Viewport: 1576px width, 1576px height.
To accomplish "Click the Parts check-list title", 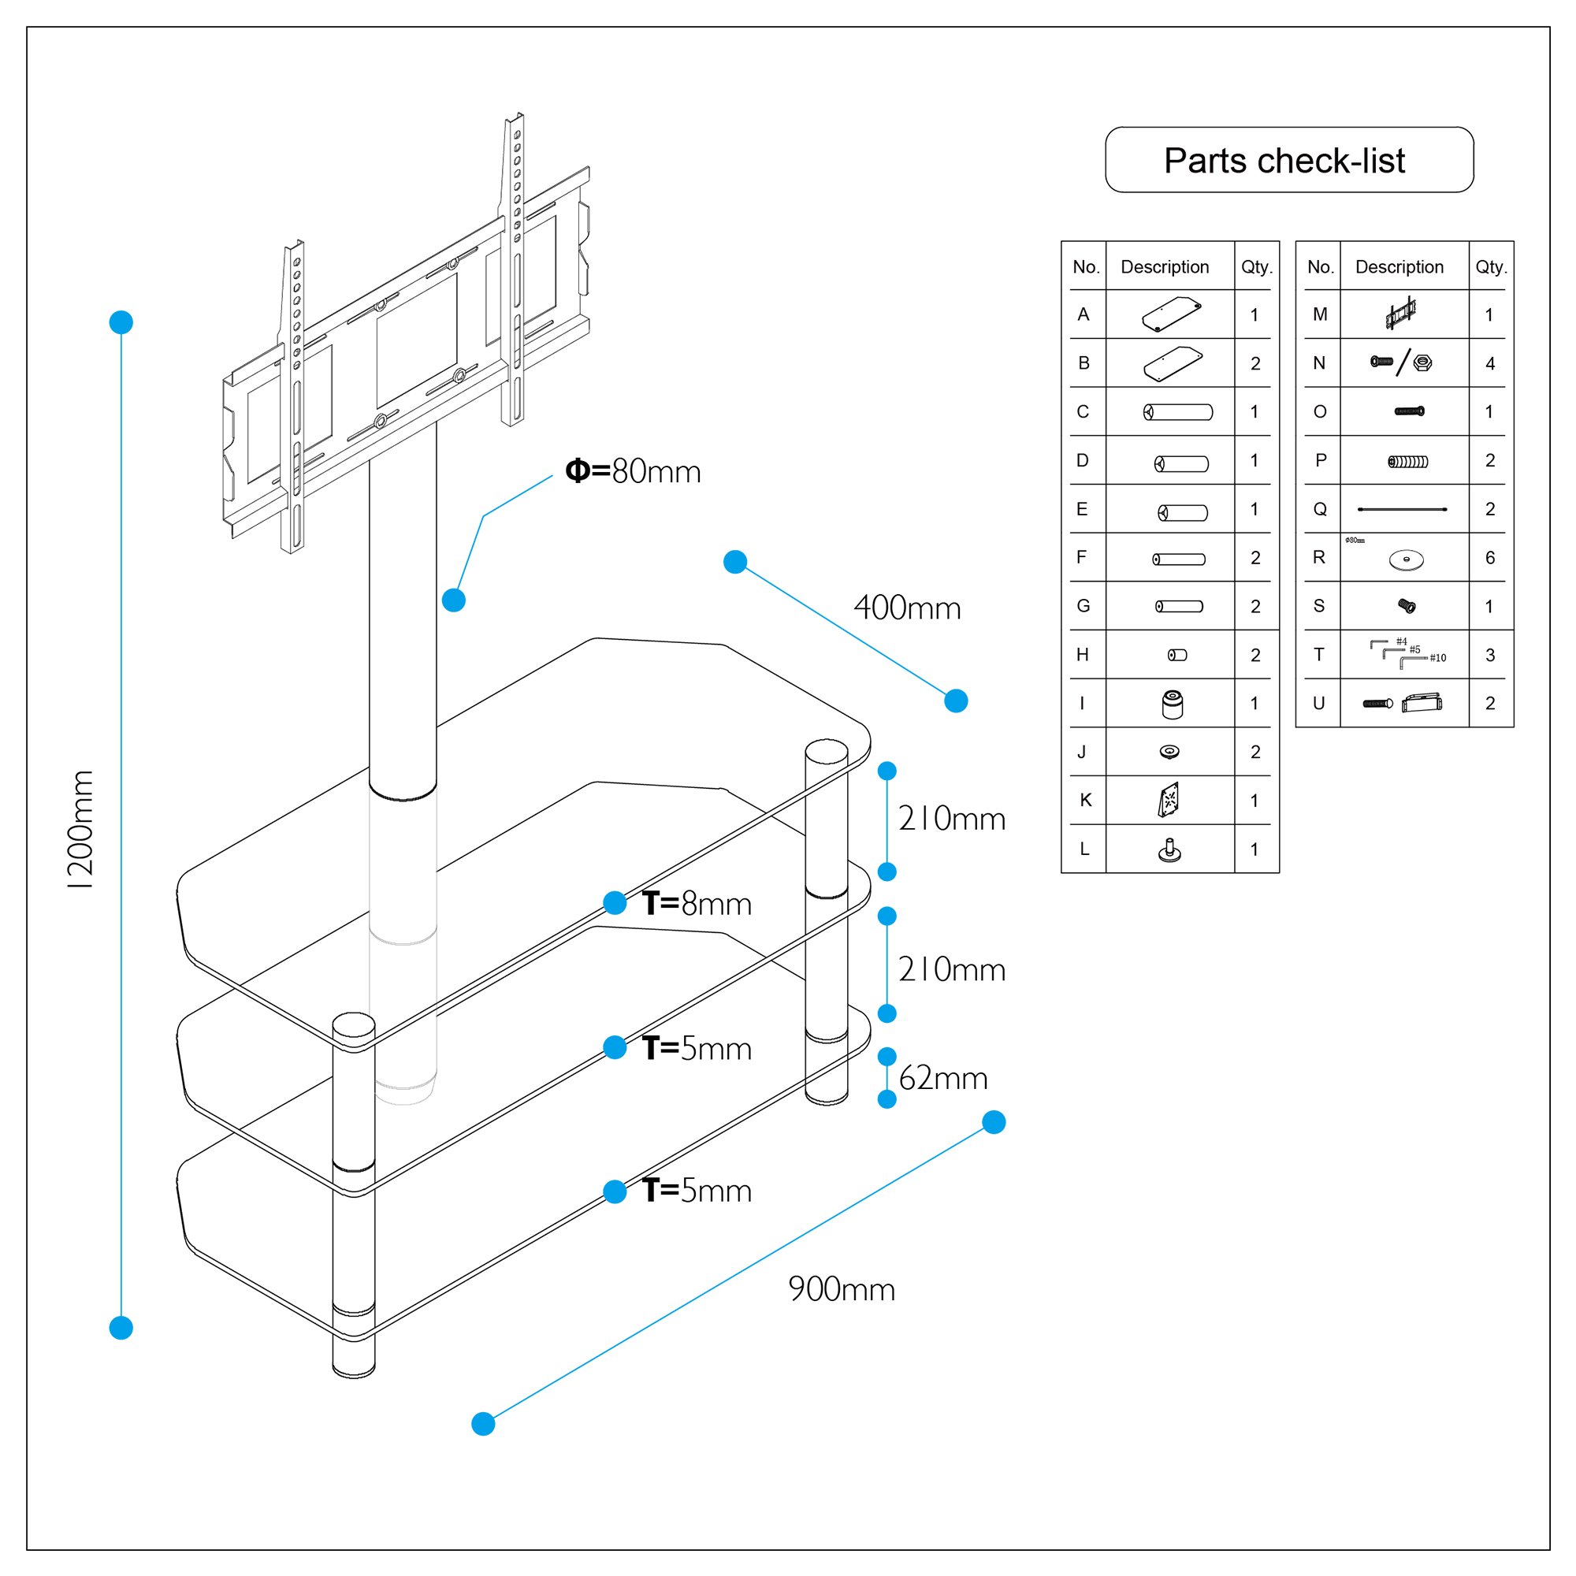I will [x=1284, y=161].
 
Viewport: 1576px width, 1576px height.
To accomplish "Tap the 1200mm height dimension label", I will [x=83, y=830].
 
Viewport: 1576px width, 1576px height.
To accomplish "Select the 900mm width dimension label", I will [x=841, y=1290].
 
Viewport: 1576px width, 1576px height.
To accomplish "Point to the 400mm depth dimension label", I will [x=907, y=608].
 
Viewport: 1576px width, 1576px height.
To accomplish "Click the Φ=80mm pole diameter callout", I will [x=633, y=471].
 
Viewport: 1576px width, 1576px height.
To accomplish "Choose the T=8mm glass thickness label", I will [x=697, y=904].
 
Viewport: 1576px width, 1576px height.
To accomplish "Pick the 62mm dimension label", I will [x=943, y=1079].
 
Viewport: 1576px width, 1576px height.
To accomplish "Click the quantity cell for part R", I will [x=1489, y=558].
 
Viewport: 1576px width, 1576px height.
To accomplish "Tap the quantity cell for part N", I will [x=1489, y=364].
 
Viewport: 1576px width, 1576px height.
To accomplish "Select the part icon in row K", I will [x=1169, y=801].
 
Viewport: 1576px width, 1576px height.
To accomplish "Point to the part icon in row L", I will [x=1169, y=851].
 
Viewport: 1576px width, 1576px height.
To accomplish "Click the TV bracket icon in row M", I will [x=1400, y=314].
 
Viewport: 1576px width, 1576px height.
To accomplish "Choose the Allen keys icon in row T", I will [x=1407, y=653].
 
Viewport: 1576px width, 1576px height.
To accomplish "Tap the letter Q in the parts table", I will [x=1320, y=510].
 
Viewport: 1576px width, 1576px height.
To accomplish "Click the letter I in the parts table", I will [x=1083, y=703].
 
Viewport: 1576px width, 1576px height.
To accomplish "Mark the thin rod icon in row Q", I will [x=1403, y=510].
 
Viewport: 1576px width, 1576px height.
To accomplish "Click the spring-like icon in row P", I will [x=1408, y=462].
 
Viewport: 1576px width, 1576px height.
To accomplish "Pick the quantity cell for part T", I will [x=1489, y=655].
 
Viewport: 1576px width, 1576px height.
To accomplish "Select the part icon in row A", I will [x=1172, y=315].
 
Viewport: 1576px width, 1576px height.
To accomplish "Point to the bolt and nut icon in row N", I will [x=1401, y=363].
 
